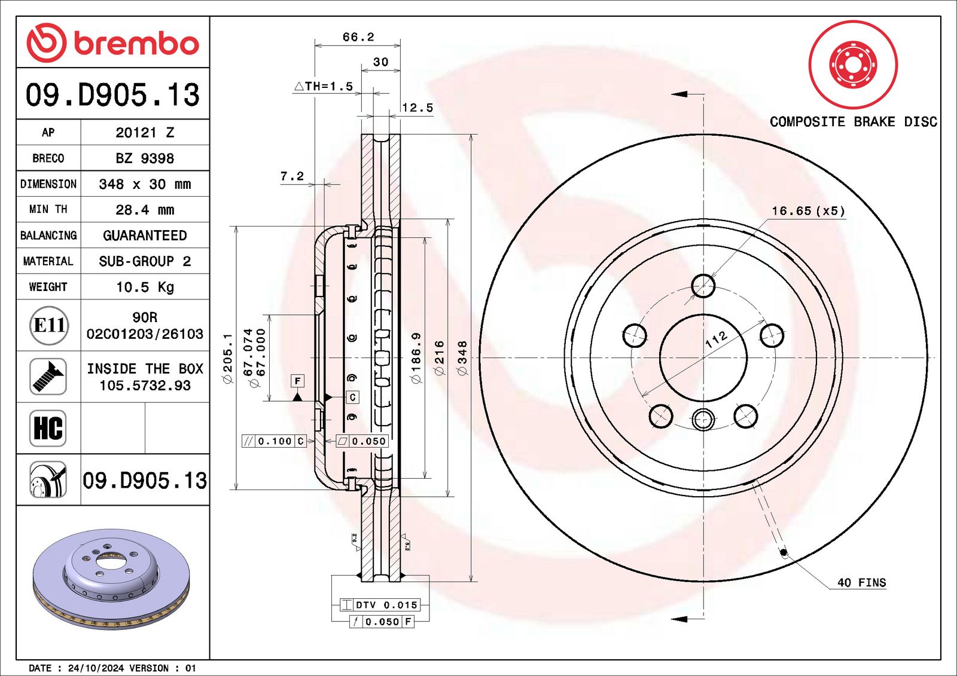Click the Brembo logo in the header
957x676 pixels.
112,43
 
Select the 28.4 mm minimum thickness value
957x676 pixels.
145,210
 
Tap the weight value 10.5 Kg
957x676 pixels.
145,287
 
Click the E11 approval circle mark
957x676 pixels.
48,326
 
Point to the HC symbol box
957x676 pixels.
48,428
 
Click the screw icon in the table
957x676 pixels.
48,377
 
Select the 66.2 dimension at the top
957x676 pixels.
358,37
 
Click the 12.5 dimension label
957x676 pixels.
417,108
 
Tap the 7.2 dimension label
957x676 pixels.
292,176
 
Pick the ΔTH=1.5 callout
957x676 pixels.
324,86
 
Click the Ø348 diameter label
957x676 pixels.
462,357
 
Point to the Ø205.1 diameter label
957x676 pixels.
228,358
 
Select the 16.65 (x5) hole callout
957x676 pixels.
808,211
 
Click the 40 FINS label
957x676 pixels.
861,582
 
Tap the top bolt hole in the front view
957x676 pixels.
703,286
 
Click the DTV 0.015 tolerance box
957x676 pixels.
380,605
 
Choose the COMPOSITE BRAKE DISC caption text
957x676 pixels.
853,122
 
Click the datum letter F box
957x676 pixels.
297,381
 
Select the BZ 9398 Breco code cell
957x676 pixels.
145,158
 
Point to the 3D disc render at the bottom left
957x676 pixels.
111,579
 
